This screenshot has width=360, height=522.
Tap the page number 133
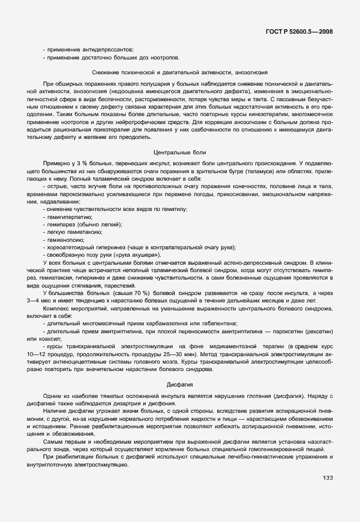point(327,478)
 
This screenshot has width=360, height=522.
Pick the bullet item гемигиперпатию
point(68,217)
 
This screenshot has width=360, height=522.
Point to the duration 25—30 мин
point(171,353)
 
